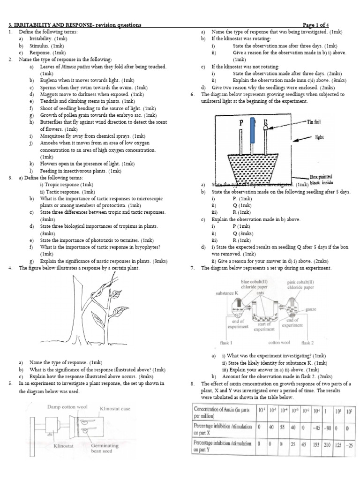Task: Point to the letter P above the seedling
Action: (242, 123)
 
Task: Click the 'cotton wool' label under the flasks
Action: (277, 343)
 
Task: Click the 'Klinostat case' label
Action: (116, 408)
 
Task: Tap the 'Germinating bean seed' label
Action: (105, 449)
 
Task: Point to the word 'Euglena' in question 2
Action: (50, 80)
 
